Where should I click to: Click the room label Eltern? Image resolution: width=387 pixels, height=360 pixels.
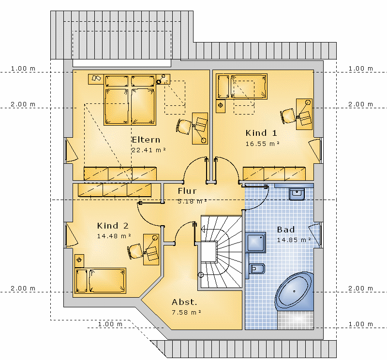point(146,140)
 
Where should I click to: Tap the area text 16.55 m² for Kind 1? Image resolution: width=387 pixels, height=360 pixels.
point(262,144)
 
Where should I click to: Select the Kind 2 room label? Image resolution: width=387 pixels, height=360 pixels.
point(113,226)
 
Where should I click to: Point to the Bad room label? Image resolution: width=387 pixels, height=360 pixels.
point(286,230)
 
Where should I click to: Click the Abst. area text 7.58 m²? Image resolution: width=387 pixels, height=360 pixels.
point(186,313)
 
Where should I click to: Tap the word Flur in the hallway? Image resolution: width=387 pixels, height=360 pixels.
point(187,191)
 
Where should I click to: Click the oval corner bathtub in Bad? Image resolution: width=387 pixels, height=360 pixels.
point(294,291)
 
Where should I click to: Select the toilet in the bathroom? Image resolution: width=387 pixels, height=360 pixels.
point(256,269)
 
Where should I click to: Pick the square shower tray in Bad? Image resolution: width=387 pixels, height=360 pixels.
point(256,243)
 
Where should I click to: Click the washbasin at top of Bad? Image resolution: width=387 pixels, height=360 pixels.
point(297,194)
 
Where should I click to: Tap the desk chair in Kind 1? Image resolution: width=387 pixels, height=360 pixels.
point(288,116)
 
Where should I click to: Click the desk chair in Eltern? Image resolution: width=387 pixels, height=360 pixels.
point(184,127)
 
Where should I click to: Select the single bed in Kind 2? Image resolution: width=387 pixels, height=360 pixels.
point(101,281)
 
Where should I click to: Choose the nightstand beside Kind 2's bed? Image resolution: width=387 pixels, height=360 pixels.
point(79,260)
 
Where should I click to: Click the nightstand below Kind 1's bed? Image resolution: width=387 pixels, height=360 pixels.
point(221,106)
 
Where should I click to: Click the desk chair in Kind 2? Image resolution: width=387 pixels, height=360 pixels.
point(135,251)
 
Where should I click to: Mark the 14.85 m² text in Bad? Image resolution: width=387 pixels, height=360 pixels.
point(294,240)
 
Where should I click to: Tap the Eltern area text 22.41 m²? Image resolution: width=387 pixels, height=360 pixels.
point(149,150)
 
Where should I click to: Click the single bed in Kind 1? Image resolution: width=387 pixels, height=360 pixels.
point(241,86)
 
